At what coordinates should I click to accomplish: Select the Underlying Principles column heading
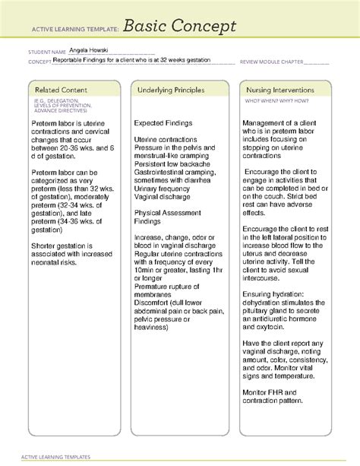coord(171,90)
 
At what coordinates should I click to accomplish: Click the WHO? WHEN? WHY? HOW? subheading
coord(273,100)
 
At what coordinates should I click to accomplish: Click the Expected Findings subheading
coord(164,122)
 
